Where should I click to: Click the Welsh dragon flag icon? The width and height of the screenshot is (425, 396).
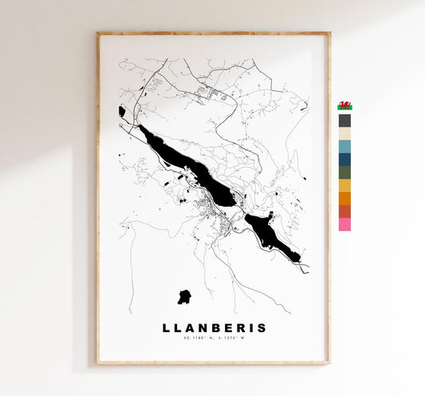(344, 105)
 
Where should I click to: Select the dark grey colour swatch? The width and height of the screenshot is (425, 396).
(344, 121)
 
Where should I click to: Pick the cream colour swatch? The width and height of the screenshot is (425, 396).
(344, 134)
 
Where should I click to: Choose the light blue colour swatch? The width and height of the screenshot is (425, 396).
(344, 147)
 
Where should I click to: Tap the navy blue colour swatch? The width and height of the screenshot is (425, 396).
(344, 160)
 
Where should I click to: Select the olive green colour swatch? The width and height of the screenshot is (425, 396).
(344, 172)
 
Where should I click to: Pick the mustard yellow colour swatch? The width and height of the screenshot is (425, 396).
(344, 185)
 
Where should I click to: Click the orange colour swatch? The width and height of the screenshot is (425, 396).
(344, 198)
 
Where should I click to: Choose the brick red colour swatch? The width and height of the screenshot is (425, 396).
(344, 211)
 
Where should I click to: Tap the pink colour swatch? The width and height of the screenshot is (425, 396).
(344, 224)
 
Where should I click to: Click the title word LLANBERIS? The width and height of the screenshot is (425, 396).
(214, 327)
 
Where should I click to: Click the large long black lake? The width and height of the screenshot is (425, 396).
(187, 163)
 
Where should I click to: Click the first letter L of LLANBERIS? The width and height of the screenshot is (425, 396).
(167, 327)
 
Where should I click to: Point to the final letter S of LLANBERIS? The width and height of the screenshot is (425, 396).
(262, 327)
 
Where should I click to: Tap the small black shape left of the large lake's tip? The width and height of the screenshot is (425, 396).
(122, 112)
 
